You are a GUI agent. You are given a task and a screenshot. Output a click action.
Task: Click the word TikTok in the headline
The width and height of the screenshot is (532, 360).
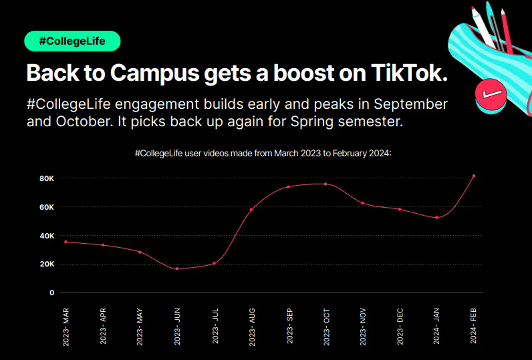[408, 73]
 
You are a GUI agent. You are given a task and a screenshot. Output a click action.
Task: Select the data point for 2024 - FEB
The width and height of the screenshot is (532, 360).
[474, 176]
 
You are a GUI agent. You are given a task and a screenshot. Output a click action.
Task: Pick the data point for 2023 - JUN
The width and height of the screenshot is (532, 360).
[177, 268]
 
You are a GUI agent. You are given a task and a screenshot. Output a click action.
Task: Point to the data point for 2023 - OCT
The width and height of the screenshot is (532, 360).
[325, 184]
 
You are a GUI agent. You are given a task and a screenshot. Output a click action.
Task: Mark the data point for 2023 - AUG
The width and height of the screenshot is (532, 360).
[251, 210]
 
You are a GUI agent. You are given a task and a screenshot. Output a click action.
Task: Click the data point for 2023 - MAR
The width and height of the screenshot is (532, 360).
[65, 242]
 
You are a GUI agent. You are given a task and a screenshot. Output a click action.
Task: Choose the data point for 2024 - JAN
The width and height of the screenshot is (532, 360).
[436, 217]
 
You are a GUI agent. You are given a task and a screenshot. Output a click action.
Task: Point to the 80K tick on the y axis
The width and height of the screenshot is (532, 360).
[47, 178]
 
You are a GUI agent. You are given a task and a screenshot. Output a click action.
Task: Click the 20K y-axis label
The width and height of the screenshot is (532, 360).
[47, 264]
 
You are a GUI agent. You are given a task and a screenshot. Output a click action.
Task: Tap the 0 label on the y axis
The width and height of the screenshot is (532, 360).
[51, 293]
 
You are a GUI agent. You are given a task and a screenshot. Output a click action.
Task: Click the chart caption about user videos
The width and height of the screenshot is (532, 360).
[262, 154]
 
